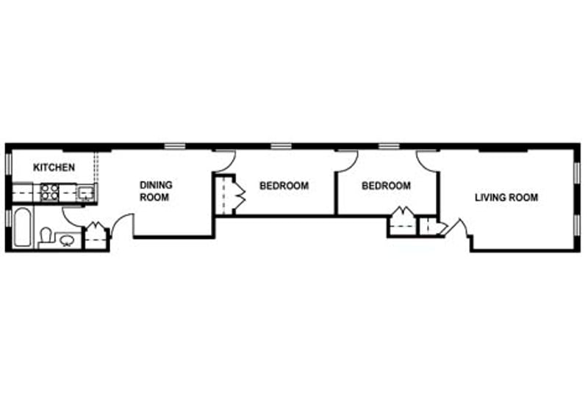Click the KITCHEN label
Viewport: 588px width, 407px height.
tap(54, 168)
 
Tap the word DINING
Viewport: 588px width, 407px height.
tap(155, 186)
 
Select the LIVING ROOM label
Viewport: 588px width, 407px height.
tap(506, 197)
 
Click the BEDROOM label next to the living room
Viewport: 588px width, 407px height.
tap(386, 186)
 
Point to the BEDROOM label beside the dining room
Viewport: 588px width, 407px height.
tap(284, 186)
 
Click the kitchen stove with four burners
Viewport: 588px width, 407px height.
tap(49, 192)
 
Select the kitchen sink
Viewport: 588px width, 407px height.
tap(86, 193)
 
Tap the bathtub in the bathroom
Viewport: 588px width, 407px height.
tap(21, 228)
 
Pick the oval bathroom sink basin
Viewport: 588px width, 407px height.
tap(68, 239)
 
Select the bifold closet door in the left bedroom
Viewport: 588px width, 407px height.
tap(240, 194)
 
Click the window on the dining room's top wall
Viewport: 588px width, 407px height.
tap(174, 145)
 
